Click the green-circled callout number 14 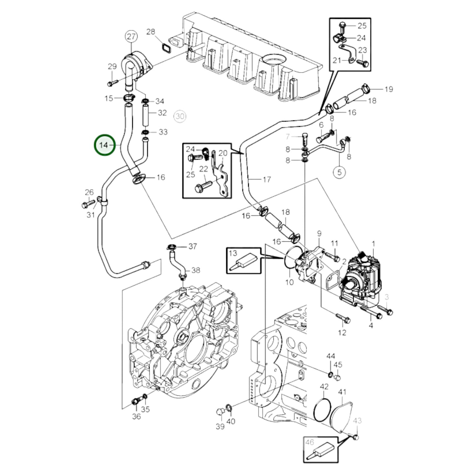point(105,145)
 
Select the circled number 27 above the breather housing point(131,36)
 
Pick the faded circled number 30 point(180,116)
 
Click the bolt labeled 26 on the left point(87,205)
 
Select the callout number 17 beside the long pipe point(267,179)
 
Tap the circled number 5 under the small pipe point(339,172)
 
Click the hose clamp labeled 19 point(366,88)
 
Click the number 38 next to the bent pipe point(196,270)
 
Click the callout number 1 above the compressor point(373,244)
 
